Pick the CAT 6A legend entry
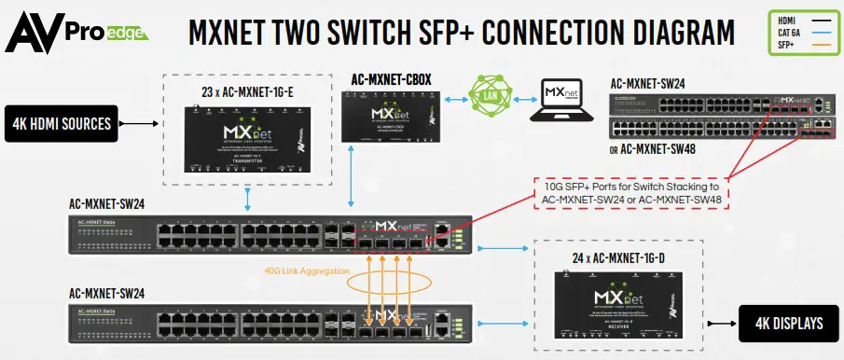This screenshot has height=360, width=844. tap(789, 35)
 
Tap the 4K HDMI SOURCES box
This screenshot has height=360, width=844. tap(63, 121)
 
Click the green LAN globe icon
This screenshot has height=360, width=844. tap(486, 95)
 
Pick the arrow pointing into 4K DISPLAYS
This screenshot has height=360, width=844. tap(721, 323)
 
